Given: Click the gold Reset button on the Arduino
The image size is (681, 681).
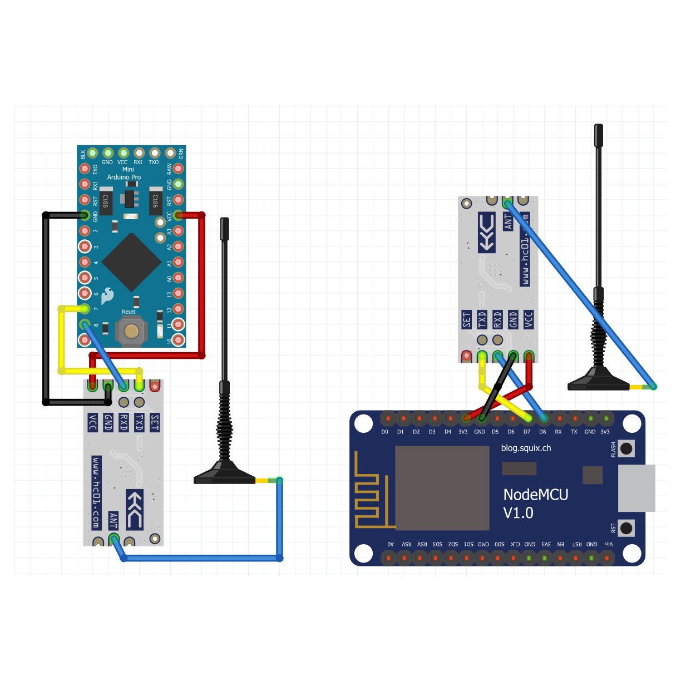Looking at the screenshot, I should point(131,332).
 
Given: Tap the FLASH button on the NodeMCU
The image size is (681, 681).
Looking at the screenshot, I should point(626,448).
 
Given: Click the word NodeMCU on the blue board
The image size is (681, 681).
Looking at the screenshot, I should point(535,495).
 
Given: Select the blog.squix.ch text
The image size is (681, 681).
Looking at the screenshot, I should point(526,448).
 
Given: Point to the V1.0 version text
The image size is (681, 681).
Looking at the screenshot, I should point(518,513).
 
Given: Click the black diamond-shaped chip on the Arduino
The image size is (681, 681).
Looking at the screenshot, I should point(131,263).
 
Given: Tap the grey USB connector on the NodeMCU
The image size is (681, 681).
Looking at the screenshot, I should point(636,488).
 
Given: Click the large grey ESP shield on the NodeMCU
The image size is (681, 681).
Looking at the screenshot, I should point(442,488).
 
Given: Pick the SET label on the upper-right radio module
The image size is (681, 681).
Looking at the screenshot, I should point(466,319).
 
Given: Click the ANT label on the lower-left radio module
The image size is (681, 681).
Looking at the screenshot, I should point(113,521).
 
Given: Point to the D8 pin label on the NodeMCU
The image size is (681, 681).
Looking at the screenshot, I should point(542,432).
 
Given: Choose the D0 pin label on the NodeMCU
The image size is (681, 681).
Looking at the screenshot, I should point(384,432).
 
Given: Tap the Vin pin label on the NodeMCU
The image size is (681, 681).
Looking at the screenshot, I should point(609,544).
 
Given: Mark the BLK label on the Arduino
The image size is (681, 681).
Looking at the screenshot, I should point(83,154).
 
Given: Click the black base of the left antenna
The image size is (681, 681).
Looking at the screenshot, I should point(224,476).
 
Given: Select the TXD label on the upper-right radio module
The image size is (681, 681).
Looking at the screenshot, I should point(482,319).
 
